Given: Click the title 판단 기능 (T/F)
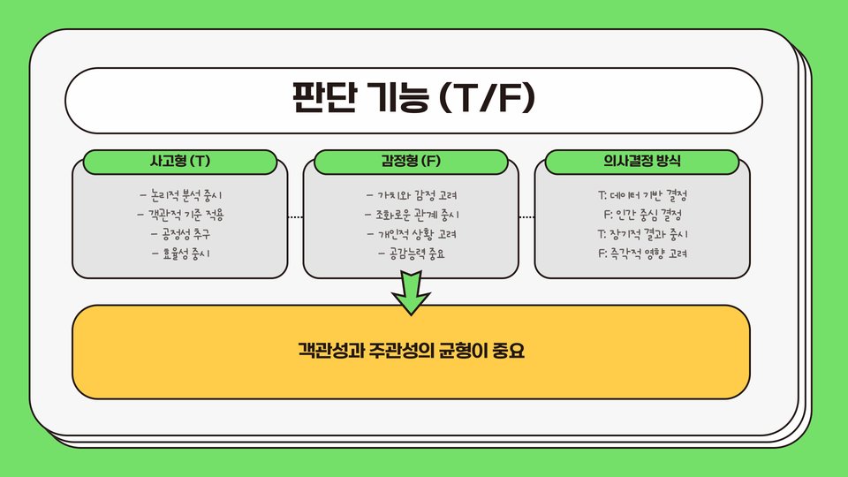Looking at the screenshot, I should coord(413,98).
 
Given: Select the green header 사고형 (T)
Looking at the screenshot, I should coord(181,162).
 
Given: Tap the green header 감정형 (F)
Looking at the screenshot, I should coord(411,162).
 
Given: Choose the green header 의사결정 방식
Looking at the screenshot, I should coord(642,162).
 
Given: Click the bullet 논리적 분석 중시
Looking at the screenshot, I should coord(181,195).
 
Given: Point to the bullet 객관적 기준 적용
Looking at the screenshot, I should coord(181,215).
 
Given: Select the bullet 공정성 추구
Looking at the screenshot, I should coord(181,235).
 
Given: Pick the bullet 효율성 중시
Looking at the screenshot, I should coord(181,254).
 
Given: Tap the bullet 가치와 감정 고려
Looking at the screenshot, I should coord(411,195).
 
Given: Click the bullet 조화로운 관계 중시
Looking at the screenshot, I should coord(411,215).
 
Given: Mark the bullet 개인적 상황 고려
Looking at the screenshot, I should coord(411,235).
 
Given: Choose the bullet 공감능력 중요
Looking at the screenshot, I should coord(411,254).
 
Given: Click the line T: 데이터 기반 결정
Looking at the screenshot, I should coord(642,195).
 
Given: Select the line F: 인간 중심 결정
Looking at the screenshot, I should coord(642,215).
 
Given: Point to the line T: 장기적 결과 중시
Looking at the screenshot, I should coord(642,235).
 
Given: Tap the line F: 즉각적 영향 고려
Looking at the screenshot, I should coord(642,254).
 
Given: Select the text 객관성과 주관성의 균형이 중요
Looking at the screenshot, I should coord(411,352).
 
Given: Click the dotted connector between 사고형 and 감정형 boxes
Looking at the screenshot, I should coord(296,216).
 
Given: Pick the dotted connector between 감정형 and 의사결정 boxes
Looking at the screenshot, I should coord(526,216).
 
